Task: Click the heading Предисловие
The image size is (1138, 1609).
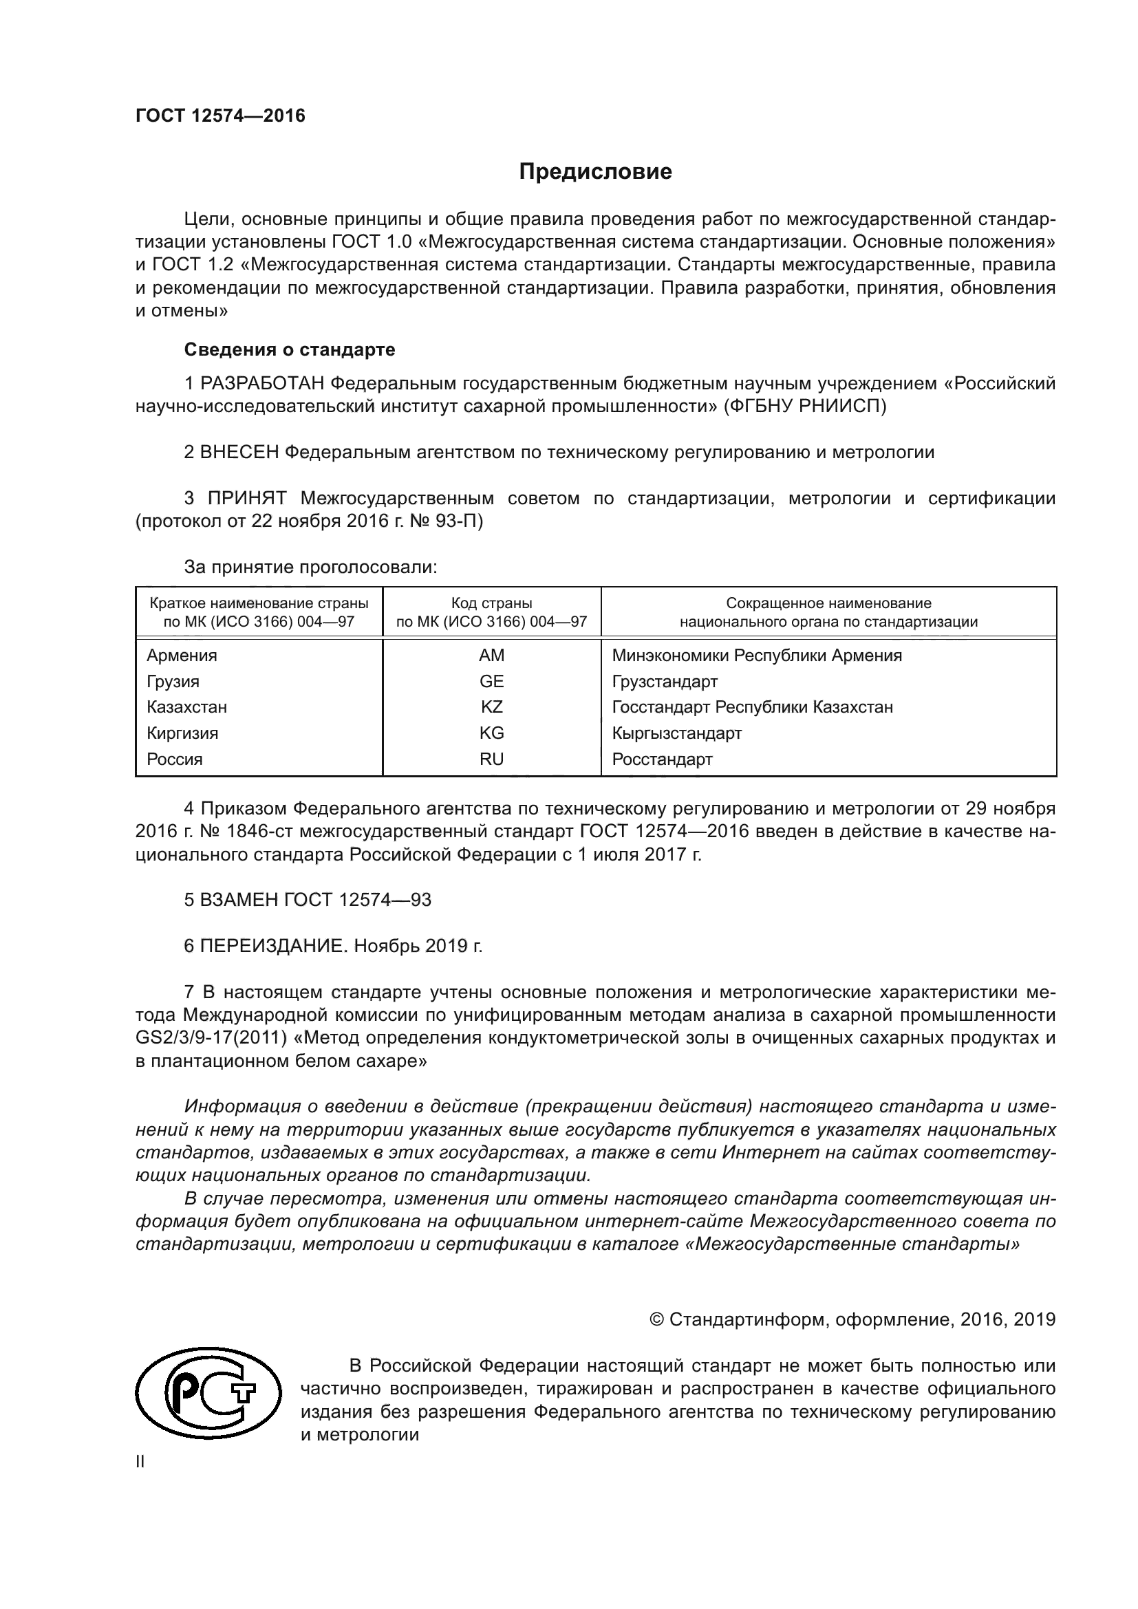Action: [x=595, y=172]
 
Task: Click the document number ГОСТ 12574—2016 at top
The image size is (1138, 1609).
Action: [x=220, y=116]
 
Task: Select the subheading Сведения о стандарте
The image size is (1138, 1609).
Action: [x=290, y=349]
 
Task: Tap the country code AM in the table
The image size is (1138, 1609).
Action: [x=491, y=656]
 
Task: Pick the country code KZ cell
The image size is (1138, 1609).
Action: [x=491, y=707]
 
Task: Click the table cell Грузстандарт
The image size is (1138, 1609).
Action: [x=665, y=681]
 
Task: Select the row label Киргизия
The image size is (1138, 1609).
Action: [x=182, y=733]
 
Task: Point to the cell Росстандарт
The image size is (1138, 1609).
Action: [x=661, y=759]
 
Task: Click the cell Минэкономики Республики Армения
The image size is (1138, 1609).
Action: [x=756, y=656]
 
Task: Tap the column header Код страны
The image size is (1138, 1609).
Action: [x=491, y=603]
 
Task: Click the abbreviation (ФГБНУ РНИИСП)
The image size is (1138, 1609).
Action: [x=805, y=407]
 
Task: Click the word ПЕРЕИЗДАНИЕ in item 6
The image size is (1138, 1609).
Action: [x=274, y=946]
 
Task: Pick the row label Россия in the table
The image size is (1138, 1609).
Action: [x=175, y=759]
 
